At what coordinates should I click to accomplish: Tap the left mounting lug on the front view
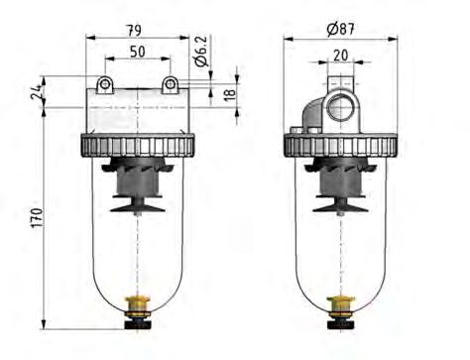click(103, 84)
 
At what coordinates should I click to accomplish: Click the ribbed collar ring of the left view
click(137, 146)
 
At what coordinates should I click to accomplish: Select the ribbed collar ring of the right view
click(341, 146)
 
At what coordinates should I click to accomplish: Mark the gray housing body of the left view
click(137, 114)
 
